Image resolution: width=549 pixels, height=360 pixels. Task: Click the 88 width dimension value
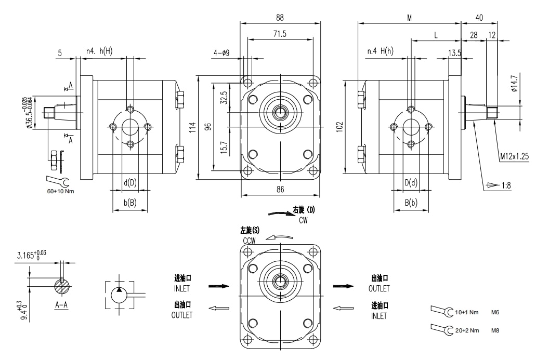coord(280,17)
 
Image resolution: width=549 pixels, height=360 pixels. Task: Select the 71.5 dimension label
coord(280,34)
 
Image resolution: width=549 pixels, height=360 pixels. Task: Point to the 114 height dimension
coord(193,127)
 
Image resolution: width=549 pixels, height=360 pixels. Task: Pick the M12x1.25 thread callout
coord(514,156)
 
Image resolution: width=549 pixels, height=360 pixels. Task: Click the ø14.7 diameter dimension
coord(514,83)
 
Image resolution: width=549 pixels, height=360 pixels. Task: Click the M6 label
coord(495,313)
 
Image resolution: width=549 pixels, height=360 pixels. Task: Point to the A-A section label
coord(61,305)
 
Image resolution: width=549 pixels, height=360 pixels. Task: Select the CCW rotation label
coord(249,241)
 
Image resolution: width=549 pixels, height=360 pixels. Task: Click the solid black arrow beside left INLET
coord(218,286)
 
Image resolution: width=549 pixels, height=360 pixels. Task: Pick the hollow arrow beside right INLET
coord(344,309)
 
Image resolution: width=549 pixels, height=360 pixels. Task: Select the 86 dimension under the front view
coord(280,190)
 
